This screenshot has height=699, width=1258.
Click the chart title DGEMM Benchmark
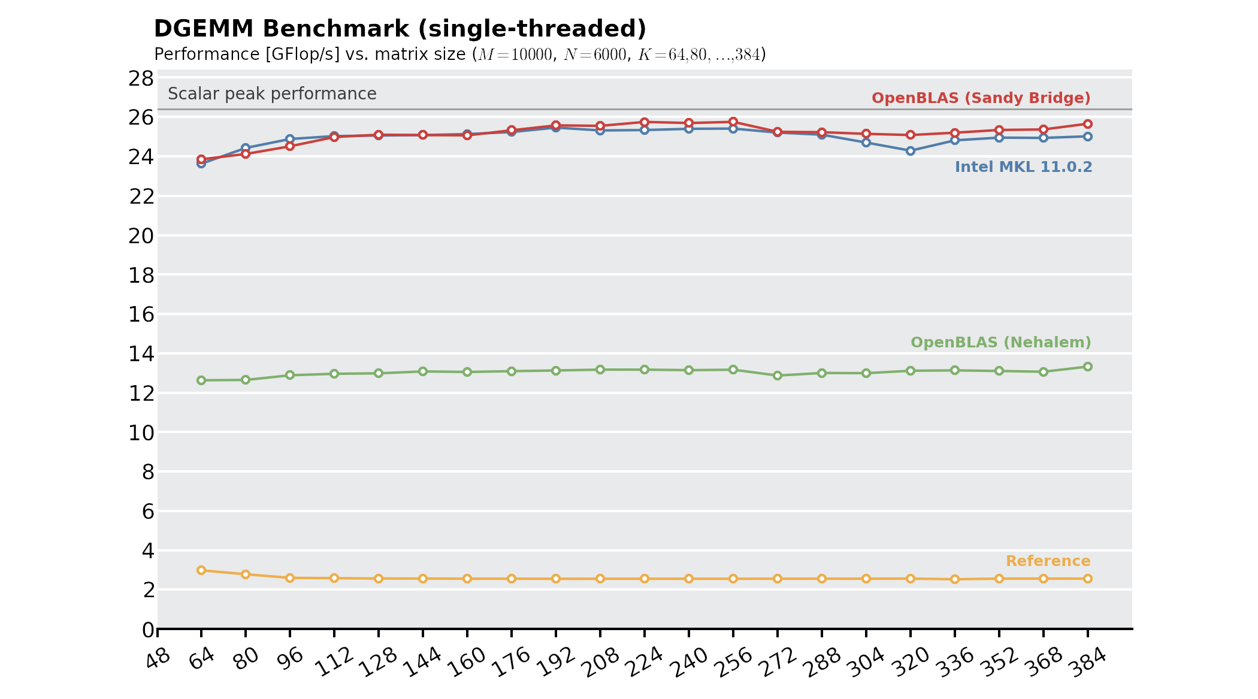(400, 29)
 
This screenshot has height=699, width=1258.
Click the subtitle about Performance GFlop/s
(459, 55)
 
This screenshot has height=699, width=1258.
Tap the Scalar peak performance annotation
(272, 94)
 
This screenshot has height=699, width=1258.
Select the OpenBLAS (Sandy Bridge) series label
(981, 98)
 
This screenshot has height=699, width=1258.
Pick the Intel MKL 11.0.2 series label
(1023, 167)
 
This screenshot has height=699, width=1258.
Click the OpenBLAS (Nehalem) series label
(1000, 343)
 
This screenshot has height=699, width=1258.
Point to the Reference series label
(1048, 561)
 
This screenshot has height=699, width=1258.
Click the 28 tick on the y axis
(141, 78)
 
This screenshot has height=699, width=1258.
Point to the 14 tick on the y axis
(141, 354)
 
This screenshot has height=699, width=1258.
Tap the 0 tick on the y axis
(148, 630)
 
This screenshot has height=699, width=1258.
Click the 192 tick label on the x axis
(557, 662)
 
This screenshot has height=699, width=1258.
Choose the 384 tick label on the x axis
(1088, 662)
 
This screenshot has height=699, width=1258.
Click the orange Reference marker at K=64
(201, 570)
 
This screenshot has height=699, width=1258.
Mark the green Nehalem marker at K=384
(1088, 367)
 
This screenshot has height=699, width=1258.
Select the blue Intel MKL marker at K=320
(911, 151)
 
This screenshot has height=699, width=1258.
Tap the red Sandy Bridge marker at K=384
(1088, 124)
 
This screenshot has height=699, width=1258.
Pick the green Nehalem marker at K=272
(778, 376)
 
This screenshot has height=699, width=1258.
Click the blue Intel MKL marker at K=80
(246, 148)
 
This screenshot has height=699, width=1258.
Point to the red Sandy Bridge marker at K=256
(733, 122)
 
